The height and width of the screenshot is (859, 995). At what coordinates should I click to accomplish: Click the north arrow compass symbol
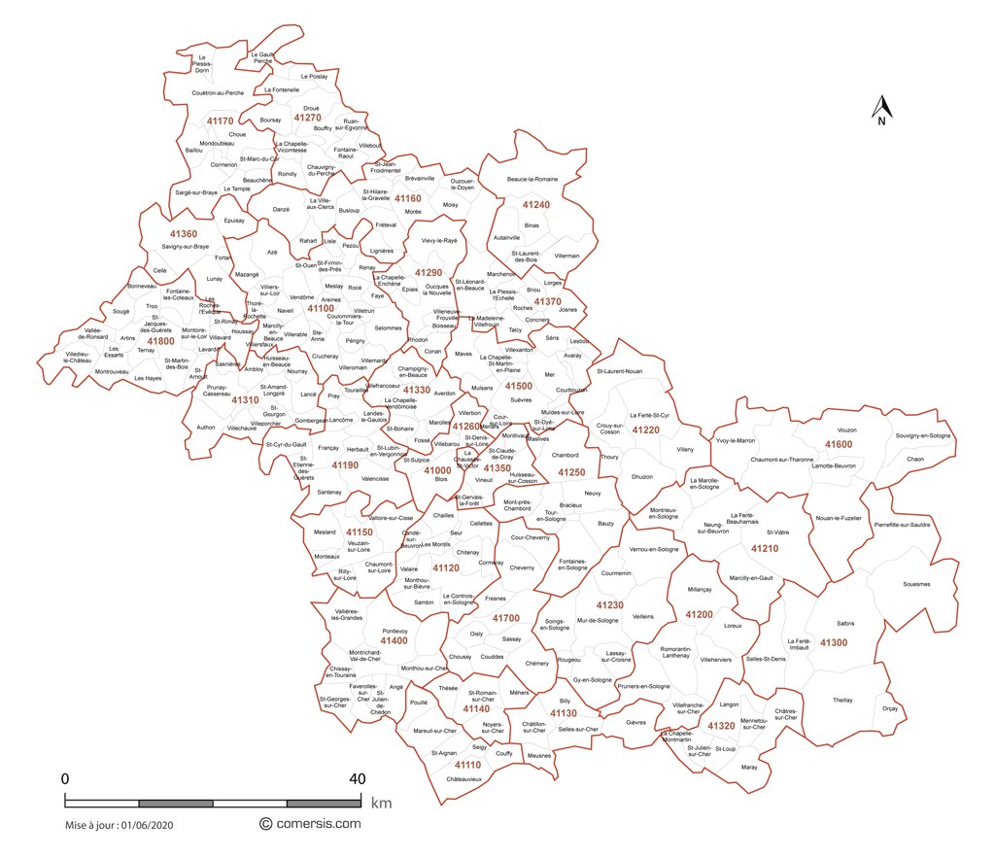[880, 110]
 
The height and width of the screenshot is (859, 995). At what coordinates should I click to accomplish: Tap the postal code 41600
[839, 444]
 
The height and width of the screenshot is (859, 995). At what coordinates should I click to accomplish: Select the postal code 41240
[535, 205]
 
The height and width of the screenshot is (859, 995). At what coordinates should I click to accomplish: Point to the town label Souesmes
[916, 584]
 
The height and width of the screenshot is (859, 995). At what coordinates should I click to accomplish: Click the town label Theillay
[842, 700]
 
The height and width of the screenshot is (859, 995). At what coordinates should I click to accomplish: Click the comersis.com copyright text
[309, 823]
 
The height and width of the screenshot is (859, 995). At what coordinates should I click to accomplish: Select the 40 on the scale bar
[358, 778]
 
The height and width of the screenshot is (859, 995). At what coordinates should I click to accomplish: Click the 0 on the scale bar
[65, 778]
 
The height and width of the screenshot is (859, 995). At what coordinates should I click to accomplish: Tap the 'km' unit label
[380, 804]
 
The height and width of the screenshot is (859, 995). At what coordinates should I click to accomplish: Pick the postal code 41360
[183, 234]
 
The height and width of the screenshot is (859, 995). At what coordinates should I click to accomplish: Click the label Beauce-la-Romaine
[532, 179]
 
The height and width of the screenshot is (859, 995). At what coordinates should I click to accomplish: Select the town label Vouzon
[846, 429]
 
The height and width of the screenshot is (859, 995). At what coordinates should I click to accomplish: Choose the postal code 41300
[833, 642]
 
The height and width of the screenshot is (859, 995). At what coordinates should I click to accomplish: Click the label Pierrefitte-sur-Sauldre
[902, 525]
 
